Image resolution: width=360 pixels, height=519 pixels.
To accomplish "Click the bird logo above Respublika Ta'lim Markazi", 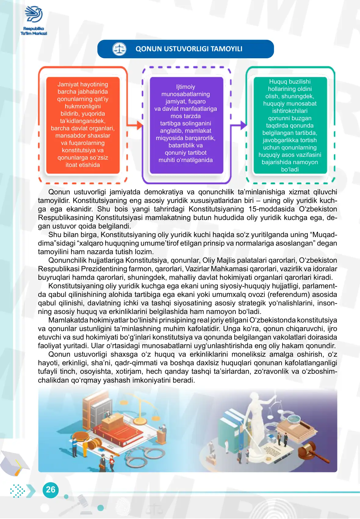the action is pyautogui.click(x=34, y=14).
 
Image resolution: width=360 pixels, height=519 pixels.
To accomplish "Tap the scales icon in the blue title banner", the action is pyautogui.click(x=119, y=49).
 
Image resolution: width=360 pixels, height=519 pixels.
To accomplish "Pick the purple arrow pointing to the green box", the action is pyautogui.click(x=239, y=125).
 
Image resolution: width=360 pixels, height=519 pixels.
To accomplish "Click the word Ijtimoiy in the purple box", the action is pyautogui.click(x=185, y=87).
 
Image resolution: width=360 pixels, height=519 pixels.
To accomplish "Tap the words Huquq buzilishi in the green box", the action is pyautogui.click(x=290, y=82).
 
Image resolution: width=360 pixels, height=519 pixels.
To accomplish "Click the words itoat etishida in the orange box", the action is pyautogui.click(x=83, y=165).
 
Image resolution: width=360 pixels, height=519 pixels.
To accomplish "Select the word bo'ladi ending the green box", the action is pyautogui.click(x=290, y=169).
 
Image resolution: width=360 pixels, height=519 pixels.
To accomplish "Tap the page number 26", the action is pyautogui.click(x=51, y=489).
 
